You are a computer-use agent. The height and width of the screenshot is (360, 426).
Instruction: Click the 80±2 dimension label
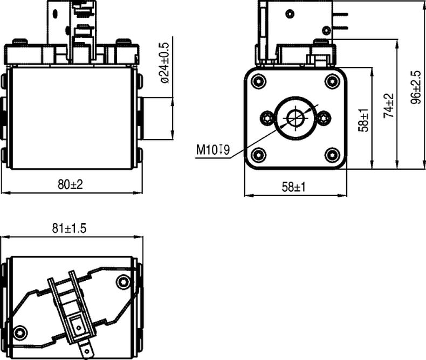[70, 185]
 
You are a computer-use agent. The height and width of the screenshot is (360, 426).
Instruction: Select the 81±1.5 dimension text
[69, 229]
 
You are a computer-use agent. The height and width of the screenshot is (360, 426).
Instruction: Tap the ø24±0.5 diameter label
[164, 63]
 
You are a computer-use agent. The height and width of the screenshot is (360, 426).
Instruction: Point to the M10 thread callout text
[213, 150]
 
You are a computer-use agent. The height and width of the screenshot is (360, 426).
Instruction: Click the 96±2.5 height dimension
[416, 87]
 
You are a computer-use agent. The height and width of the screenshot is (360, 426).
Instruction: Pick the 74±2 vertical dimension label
[388, 106]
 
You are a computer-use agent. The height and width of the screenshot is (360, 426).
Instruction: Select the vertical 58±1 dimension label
[363, 120]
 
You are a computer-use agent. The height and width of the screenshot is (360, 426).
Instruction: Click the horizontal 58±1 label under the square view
[294, 187]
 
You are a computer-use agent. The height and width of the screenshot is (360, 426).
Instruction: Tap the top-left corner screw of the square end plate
[258, 81]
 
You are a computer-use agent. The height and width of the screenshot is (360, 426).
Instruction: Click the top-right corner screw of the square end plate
[333, 81]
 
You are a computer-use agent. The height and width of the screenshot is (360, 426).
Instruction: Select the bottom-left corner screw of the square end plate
[258, 155]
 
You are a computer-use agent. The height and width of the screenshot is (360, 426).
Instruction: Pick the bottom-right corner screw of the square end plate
[333, 155]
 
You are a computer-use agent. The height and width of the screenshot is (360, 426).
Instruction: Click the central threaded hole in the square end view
[296, 118]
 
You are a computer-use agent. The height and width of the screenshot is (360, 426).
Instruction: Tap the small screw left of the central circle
[267, 118]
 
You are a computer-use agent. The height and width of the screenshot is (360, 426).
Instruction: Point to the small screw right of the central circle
[324, 118]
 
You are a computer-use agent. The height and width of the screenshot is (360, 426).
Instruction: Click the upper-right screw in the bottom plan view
[123, 282]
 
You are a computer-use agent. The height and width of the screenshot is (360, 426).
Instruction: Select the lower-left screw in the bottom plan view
[20, 333]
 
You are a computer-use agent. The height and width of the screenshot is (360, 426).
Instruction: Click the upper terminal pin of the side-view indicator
[340, 14]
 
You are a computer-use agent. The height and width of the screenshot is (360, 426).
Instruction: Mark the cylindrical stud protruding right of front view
[156, 119]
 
